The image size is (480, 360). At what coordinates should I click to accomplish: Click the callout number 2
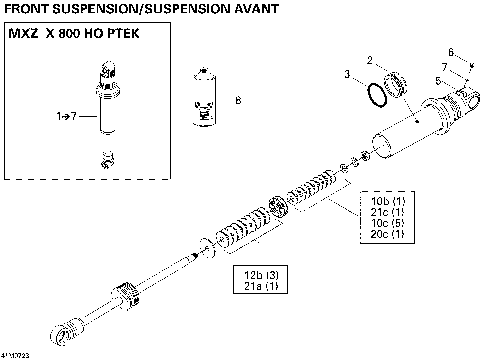(369, 61)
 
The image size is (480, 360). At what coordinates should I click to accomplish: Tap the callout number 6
(450, 51)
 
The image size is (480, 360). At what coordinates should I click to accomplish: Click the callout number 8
(237, 100)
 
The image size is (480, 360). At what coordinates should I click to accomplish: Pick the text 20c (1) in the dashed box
(373, 234)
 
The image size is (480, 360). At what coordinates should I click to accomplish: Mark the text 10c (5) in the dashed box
(373, 224)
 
